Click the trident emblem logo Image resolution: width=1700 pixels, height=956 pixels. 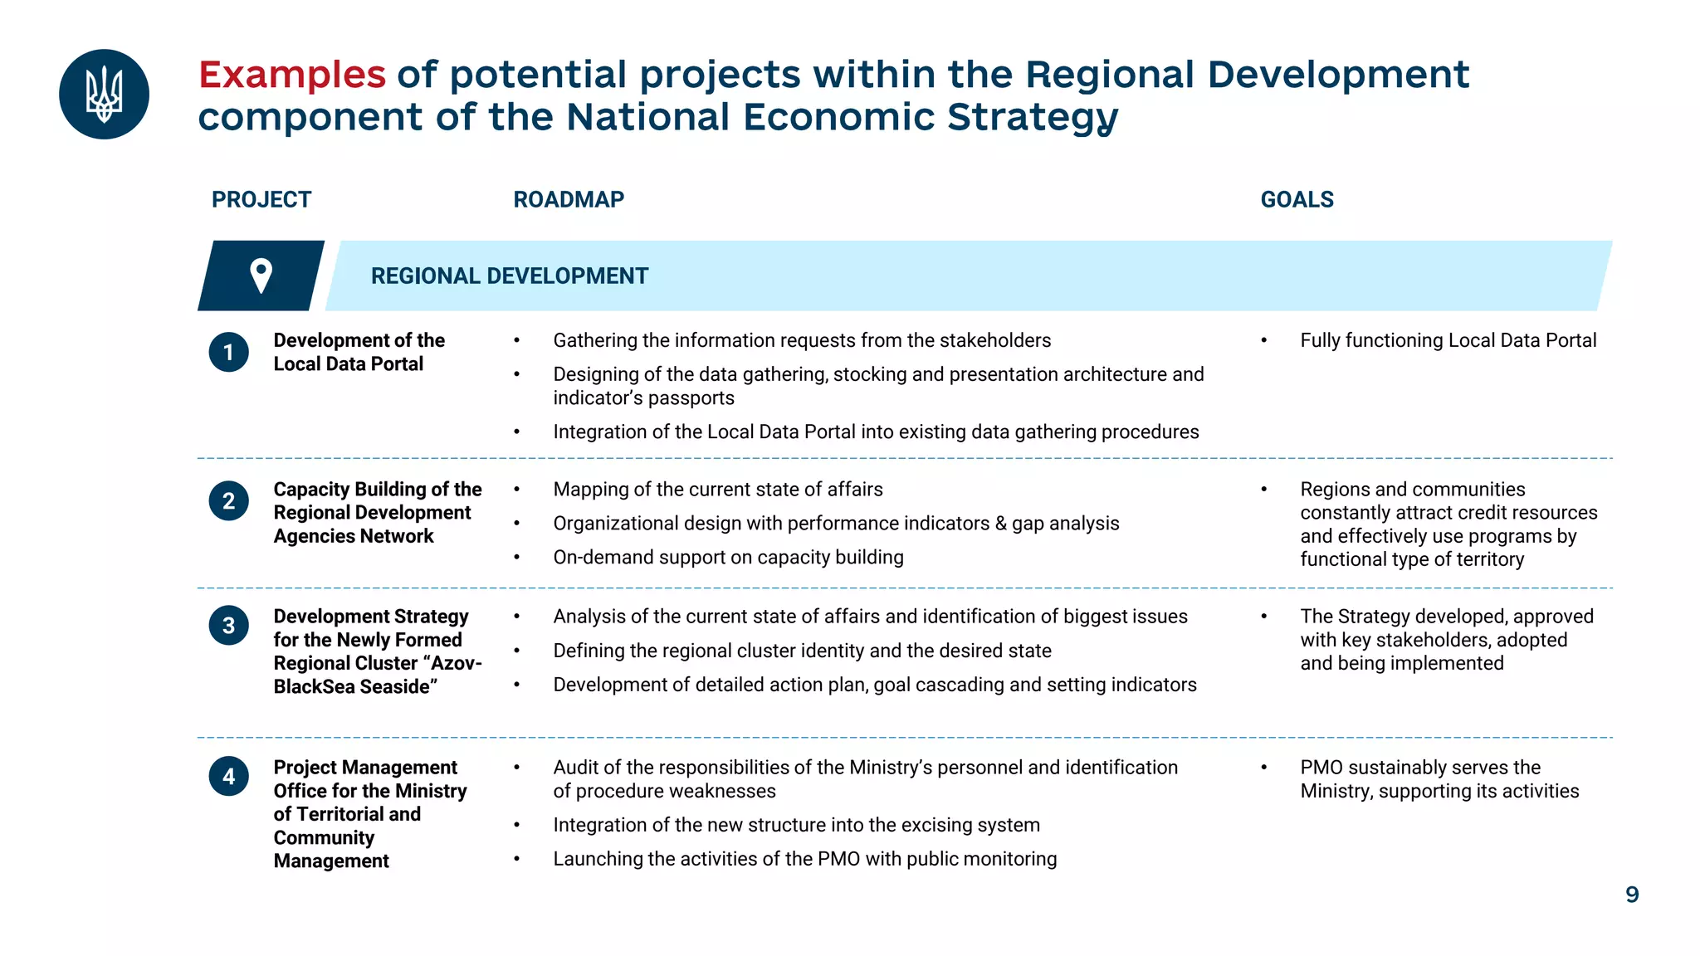coord(104,94)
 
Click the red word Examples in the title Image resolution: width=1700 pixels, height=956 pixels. coord(292,75)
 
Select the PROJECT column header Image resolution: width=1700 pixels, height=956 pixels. coord(261,200)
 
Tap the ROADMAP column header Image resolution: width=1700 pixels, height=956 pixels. coord(569,200)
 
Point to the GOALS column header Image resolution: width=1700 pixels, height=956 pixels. coord(1297,200)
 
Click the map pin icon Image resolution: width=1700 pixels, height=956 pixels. coord(261,276)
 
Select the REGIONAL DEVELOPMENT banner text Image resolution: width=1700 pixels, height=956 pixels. coord(509,276)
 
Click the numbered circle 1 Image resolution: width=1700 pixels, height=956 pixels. coord(228,353)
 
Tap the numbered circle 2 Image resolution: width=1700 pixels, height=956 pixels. coord(228,501)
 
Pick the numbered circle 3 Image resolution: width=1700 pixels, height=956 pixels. coord(228,626)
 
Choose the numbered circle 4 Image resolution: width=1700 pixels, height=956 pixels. coord(228,777)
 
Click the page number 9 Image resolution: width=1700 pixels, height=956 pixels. coord(1632,895)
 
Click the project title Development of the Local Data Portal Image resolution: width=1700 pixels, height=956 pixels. coord(359,353)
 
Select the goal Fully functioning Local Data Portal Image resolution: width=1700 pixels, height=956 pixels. coord(1448,341)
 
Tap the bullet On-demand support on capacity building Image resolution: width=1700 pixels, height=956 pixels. coord(728,558)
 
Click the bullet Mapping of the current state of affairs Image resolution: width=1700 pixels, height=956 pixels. coord(717,490)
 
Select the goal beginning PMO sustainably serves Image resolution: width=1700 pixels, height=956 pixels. coord(1439,779)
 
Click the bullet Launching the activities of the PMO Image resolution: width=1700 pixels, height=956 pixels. coord(804,859)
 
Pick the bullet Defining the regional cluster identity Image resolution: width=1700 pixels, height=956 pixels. coord(802,651)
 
